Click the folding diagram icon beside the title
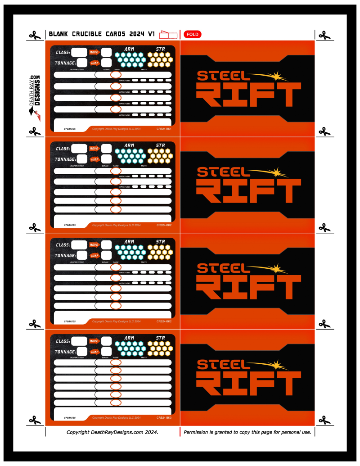point(169,34)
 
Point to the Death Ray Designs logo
point(34,97)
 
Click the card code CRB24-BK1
point(164,129)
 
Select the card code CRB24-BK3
point(164,417)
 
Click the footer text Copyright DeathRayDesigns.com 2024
point(112,432)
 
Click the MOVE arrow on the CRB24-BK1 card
point(94,52)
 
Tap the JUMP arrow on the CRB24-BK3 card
point(94,352)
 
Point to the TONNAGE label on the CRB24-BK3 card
point(65,352)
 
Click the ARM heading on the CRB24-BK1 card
point(129,49)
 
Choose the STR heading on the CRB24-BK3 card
point(160,337)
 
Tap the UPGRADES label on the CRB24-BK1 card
point(70,129)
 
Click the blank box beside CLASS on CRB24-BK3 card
point(79,341)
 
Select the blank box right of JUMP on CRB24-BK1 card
point(106,63)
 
